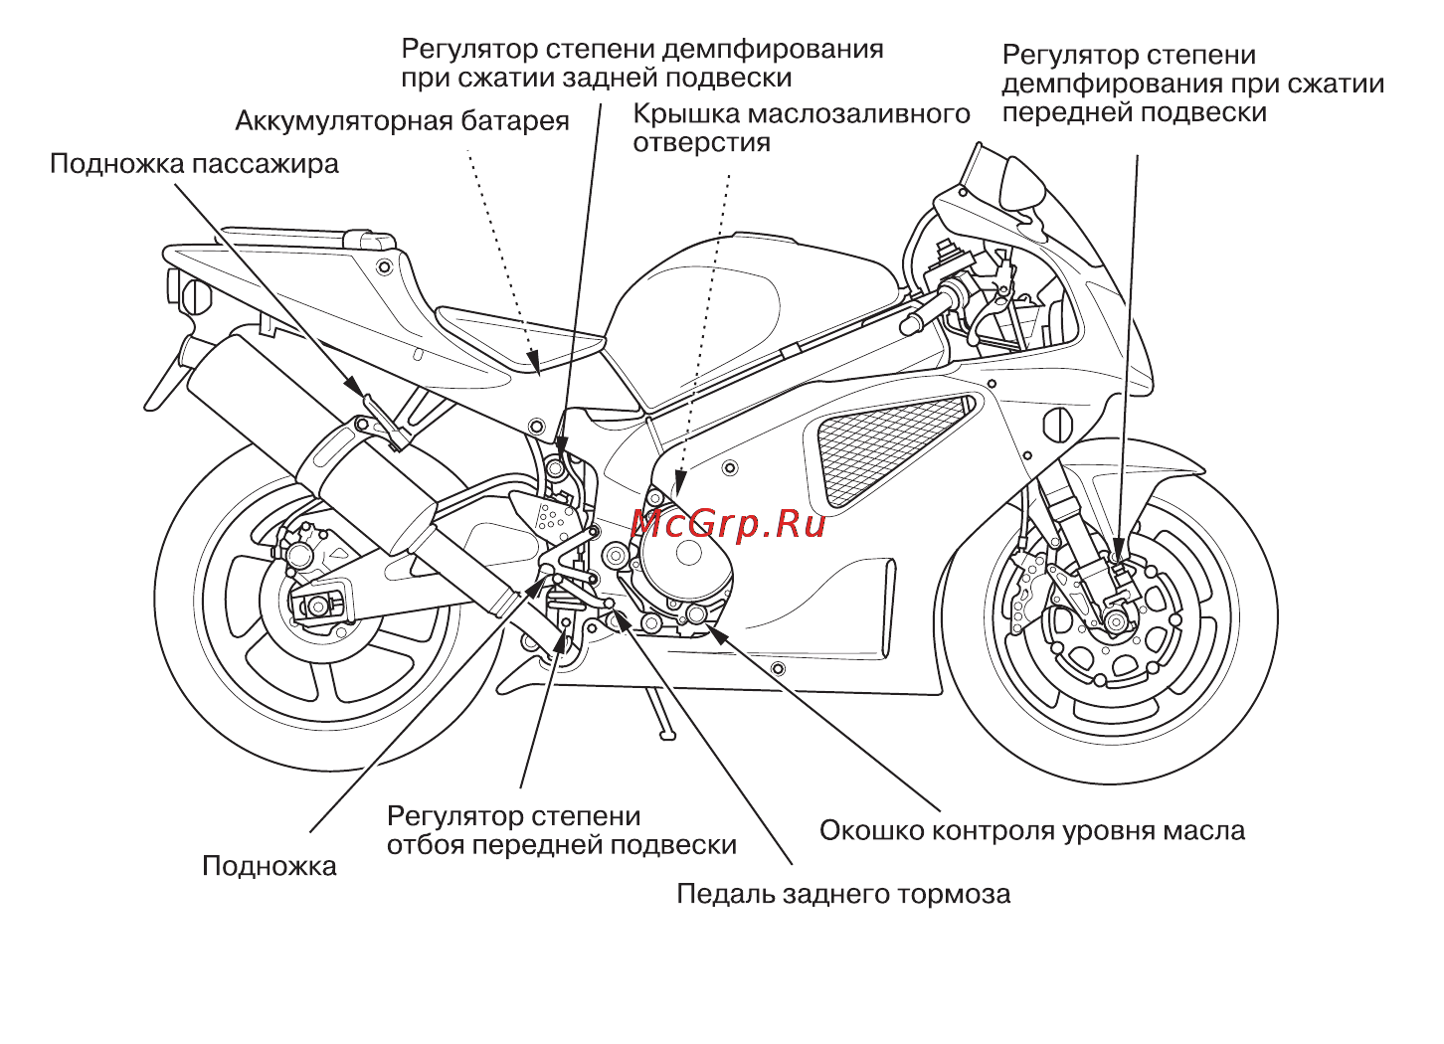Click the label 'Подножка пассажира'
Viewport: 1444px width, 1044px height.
(x=194, y=163)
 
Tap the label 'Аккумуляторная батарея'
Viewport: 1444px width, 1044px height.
(x=402, y=121)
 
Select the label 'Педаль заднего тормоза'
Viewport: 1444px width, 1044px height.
(x=843, y=894)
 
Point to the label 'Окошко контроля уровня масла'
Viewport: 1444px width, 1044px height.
(x=1031, y=830)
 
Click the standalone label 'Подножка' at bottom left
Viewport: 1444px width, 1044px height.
(x=269, y=866)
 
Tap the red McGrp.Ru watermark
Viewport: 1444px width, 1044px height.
(x=728, y=522)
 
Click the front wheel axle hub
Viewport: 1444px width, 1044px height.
(x=1117, y=622)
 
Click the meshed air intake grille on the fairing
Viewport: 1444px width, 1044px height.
(x=890, y=447)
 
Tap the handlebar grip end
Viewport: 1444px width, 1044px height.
(x=910, y=323)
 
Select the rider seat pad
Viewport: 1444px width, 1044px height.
(x=517, y=333)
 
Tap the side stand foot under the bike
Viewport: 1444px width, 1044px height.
(x=660, y=734)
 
